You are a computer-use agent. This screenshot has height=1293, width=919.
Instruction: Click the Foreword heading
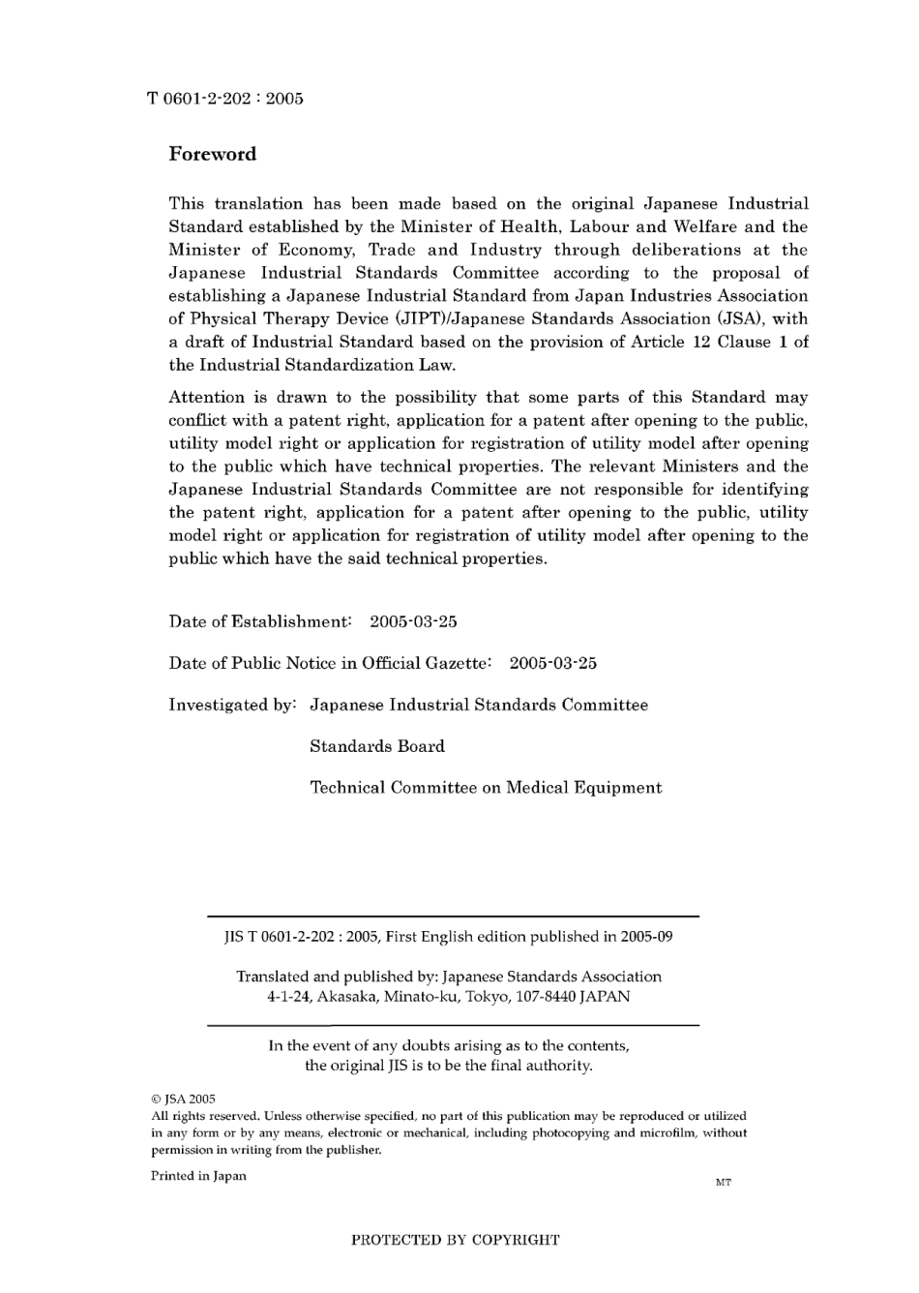pos(213,154)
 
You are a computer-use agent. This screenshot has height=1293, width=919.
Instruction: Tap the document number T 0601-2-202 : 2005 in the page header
pos(225,98)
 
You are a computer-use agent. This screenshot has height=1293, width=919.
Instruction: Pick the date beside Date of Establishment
pos(413,621)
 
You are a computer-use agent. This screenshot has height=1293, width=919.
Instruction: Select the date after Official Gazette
pos(552,663)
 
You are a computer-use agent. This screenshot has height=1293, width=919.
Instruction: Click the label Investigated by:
pos(232,705)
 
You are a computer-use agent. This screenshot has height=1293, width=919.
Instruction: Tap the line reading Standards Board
pos(377,746)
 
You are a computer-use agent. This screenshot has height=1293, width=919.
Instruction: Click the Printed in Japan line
pos(198,1176)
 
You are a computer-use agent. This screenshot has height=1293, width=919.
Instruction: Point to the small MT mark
pos(724,1183)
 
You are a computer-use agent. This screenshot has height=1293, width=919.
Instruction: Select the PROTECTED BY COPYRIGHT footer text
pos(455,1240)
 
